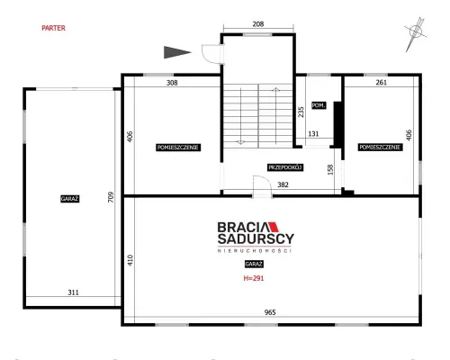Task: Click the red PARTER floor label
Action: point(53,28)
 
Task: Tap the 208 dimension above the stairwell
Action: point(258,23)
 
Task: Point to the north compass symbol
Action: point(415,33)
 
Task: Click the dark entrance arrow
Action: point(177,52)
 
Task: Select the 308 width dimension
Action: point(172,83)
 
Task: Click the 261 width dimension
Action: point(382,82)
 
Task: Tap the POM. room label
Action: point(319,105)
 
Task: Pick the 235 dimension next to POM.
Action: point(301,112)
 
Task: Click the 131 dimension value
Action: point(313,134)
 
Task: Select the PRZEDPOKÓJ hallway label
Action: point(285,167)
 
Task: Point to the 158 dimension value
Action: point(330,169)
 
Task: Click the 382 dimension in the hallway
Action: point(283,184)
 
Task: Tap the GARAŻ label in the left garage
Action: point(69,199)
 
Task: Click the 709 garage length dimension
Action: point(111,197)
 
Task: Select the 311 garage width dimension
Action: point(73,292)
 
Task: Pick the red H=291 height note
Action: point(254,278)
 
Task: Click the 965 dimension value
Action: point(270,312)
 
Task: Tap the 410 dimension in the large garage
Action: point(130,260)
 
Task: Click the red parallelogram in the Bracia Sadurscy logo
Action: point(274,227)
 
